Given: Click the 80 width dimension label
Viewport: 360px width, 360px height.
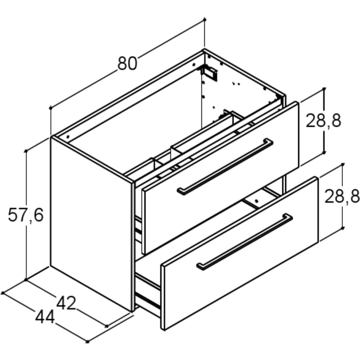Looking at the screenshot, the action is point(127,63).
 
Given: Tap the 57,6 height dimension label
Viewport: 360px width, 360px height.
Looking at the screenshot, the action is point(25,215).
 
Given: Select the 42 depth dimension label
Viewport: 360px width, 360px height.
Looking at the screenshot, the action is point(66,303).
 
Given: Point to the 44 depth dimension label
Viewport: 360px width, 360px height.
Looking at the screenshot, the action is point(45,317).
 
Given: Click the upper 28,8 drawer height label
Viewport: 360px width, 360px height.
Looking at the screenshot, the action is point(323,121).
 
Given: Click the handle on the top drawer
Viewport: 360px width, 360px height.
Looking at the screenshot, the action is point(225,167).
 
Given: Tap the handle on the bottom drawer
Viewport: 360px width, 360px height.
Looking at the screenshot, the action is point(244,242).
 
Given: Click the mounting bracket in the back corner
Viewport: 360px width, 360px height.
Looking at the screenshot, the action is point(209,72).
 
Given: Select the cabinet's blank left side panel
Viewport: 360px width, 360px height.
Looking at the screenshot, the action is point(92,224).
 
